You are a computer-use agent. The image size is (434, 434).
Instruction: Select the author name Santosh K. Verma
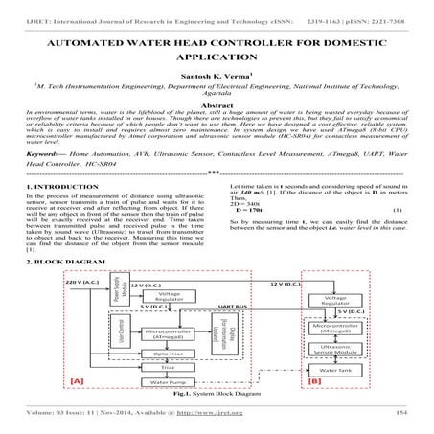tap(216, 86)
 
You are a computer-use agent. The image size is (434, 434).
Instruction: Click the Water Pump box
tap(155, 380)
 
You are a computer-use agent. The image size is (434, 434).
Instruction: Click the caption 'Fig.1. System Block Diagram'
tap(217, 394)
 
